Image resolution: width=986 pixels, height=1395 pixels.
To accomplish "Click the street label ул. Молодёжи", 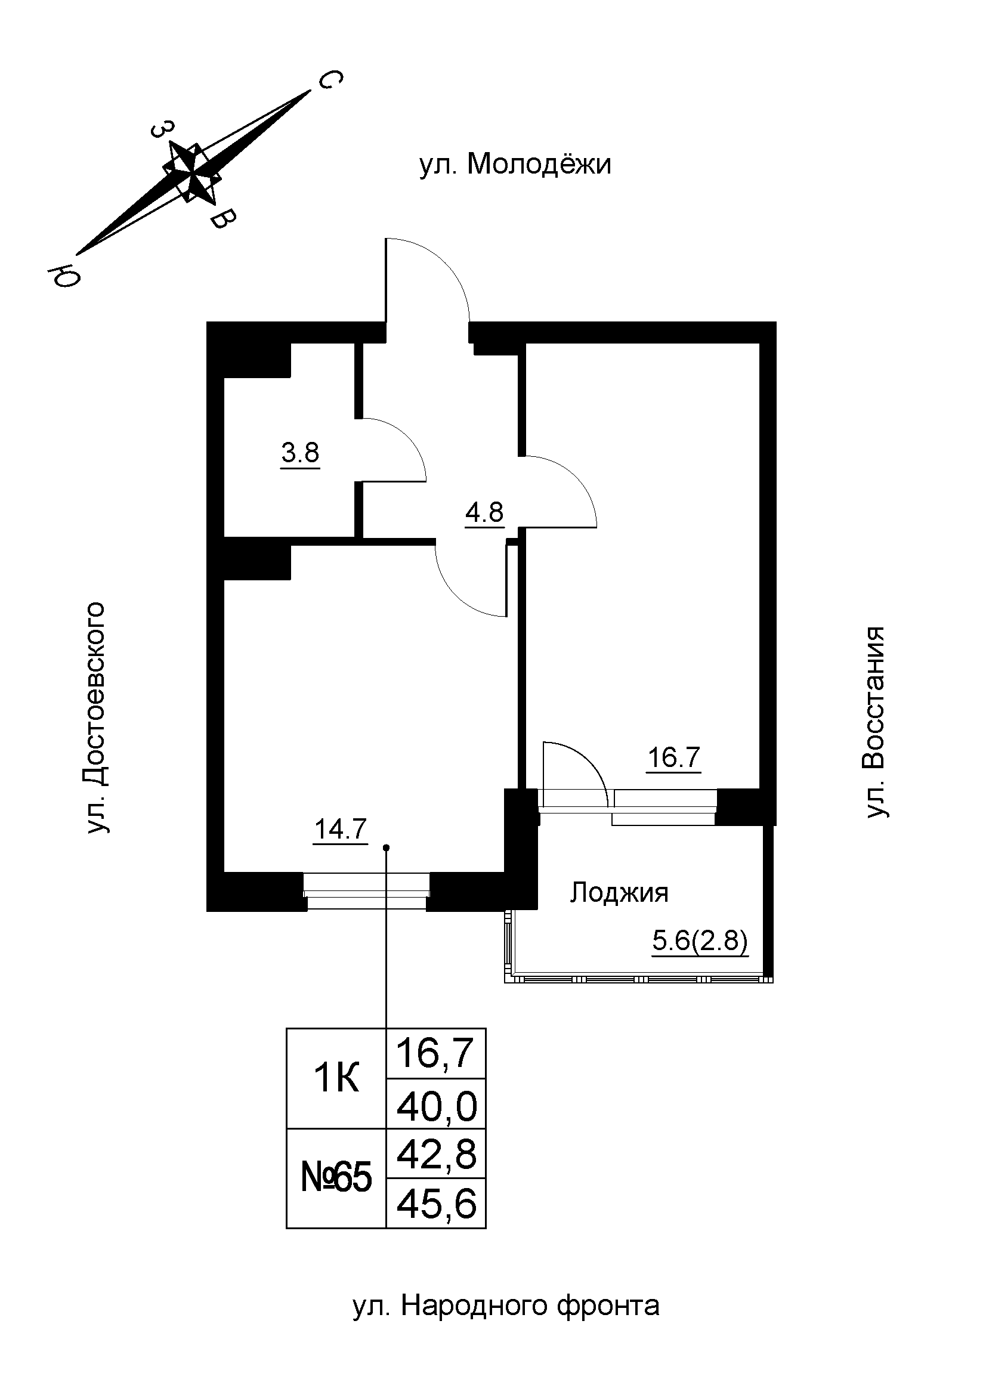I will tap(515, 165).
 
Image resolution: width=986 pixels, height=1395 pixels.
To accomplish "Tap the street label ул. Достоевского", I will tap(97, 717).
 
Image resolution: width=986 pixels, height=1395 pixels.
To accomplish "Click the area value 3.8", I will tap(300, 453).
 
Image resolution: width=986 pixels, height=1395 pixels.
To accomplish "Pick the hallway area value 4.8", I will tap(484, 513).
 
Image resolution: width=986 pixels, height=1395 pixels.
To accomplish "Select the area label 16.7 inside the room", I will tap(675, 757).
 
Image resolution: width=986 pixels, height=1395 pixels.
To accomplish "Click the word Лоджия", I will tap(619, 893).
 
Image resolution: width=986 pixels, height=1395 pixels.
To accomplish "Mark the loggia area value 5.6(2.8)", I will tap(699, 942).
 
